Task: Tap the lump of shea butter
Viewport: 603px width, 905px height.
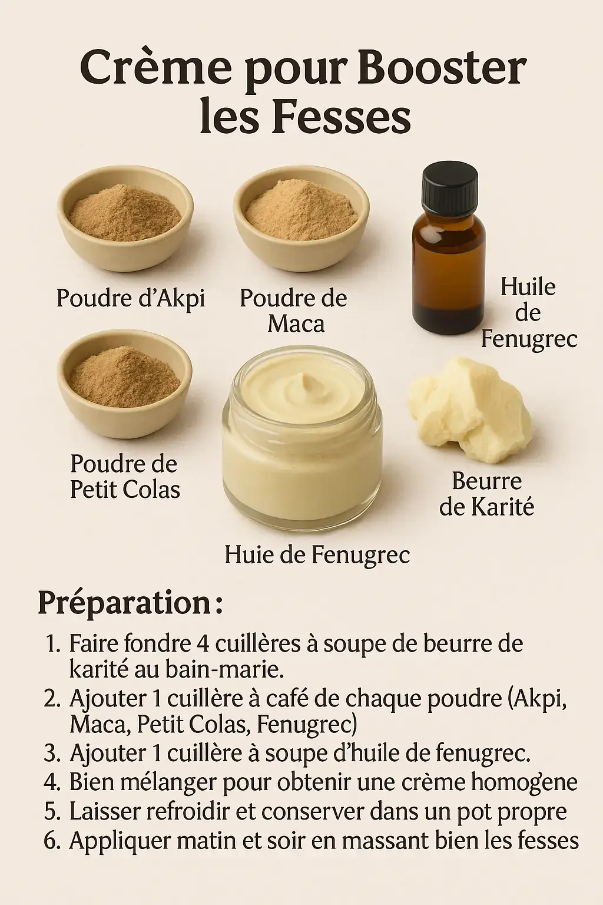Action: tap(470, 409)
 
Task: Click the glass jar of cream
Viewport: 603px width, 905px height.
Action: tap(302, 434)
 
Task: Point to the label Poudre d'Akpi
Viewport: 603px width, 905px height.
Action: tap(131, 299)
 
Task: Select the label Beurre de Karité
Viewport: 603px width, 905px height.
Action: tap(486, 494)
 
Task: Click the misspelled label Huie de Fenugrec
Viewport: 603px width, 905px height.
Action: tap(317, 554)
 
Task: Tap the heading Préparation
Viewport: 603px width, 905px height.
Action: tap(131, 605)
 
